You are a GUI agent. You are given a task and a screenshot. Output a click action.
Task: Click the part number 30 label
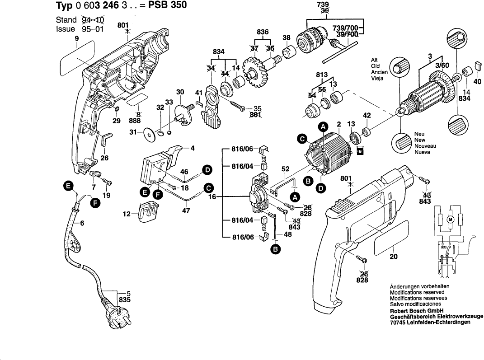tap(180, 92)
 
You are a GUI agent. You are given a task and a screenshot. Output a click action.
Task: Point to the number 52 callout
tap(285, 168)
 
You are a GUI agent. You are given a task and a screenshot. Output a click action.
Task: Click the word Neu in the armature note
tap(419, 134)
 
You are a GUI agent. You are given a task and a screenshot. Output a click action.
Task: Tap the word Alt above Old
tap(375, 60)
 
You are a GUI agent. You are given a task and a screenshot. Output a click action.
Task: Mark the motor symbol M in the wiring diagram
tap(450, 220)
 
